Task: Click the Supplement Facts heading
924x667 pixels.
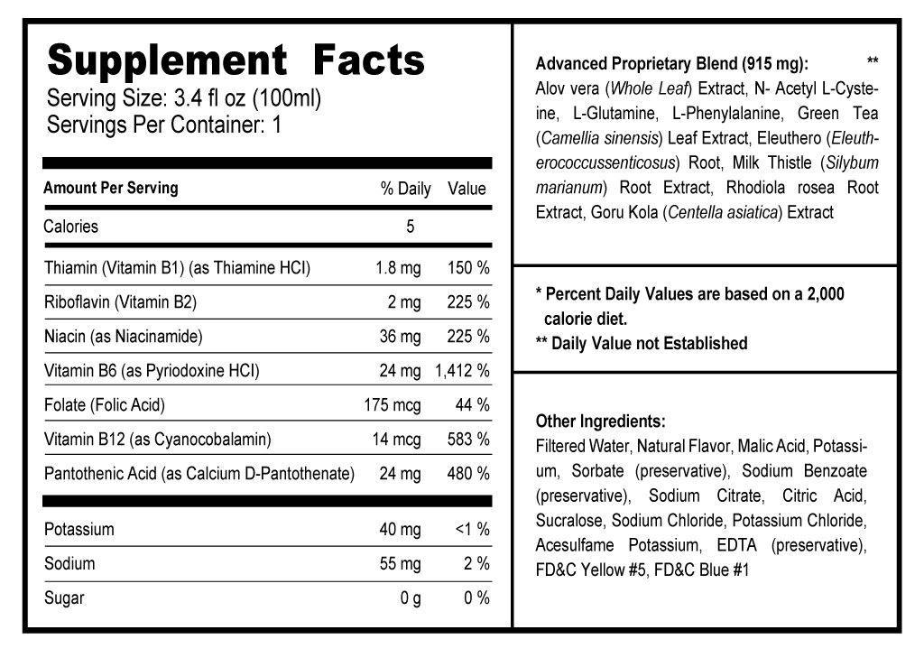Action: point(236,60)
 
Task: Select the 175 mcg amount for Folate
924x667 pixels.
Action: point(393,405)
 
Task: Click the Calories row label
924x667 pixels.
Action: point(71,227)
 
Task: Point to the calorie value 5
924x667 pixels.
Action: point(410,227)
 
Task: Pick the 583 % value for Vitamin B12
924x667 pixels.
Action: point(468,440)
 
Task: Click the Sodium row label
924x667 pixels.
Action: point(69,564)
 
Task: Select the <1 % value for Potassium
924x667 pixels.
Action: point(472,530)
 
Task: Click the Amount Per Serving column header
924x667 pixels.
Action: point(111,189)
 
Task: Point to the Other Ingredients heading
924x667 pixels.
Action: point(601,422)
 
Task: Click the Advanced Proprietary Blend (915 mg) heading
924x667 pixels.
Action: point(672,64)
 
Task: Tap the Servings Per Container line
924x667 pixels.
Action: point(164,125)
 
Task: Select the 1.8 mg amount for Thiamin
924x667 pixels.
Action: point(398,268)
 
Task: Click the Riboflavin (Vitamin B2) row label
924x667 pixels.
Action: point(120,302)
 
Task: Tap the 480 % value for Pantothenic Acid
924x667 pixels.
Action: point(468,474)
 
